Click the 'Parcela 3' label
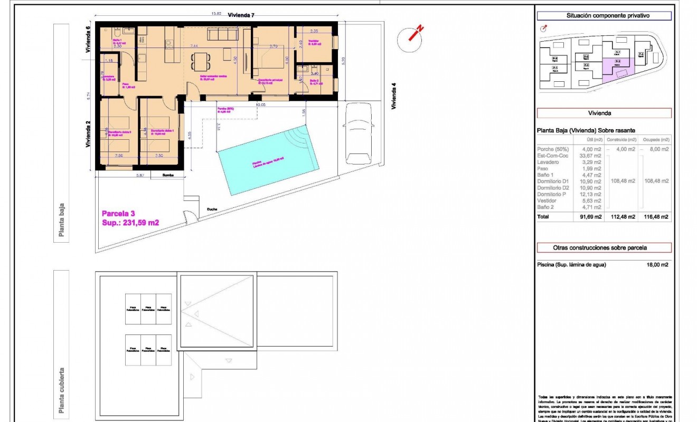pyautogui.click(x=118, y=214)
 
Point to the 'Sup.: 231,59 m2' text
pyautogui.click(x=130, y=223)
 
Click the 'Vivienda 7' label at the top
pyautogui.click(x=241, y=15)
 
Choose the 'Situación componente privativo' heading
pyautogui.click(x=604, y=16)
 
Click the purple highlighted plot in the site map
pyautogui.click(x=616, y=67)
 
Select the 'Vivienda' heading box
pyautogui.click(x=604, y=113)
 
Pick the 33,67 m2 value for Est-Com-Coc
pyautogui.click(x=590, y=156)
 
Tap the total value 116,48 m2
pyautogui.click(x=657, y=216)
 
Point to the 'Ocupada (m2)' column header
pyautogui.click(x=657, y=140)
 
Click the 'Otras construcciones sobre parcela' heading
pyautogui.click(x=604, y=247)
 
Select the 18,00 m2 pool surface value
pyautogui.click(x=657, y=265)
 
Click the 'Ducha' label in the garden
pyautogui.click(x=212, y=209)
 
